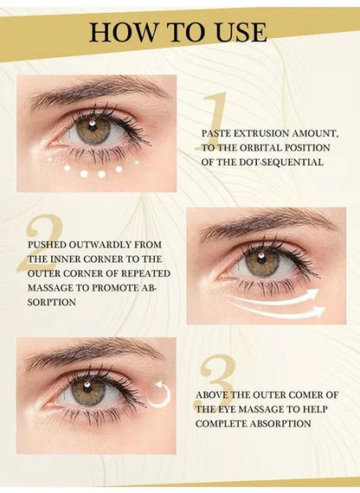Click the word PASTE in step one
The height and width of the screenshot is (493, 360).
click(x=217, y=135)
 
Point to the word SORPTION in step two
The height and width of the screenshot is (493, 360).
click(x=51, y=302)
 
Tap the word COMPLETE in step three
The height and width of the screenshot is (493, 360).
click(x=227, y=424)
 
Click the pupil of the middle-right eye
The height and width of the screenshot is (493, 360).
click(x=261, y=261)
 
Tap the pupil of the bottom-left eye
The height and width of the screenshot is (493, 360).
click(x=87, y=390)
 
